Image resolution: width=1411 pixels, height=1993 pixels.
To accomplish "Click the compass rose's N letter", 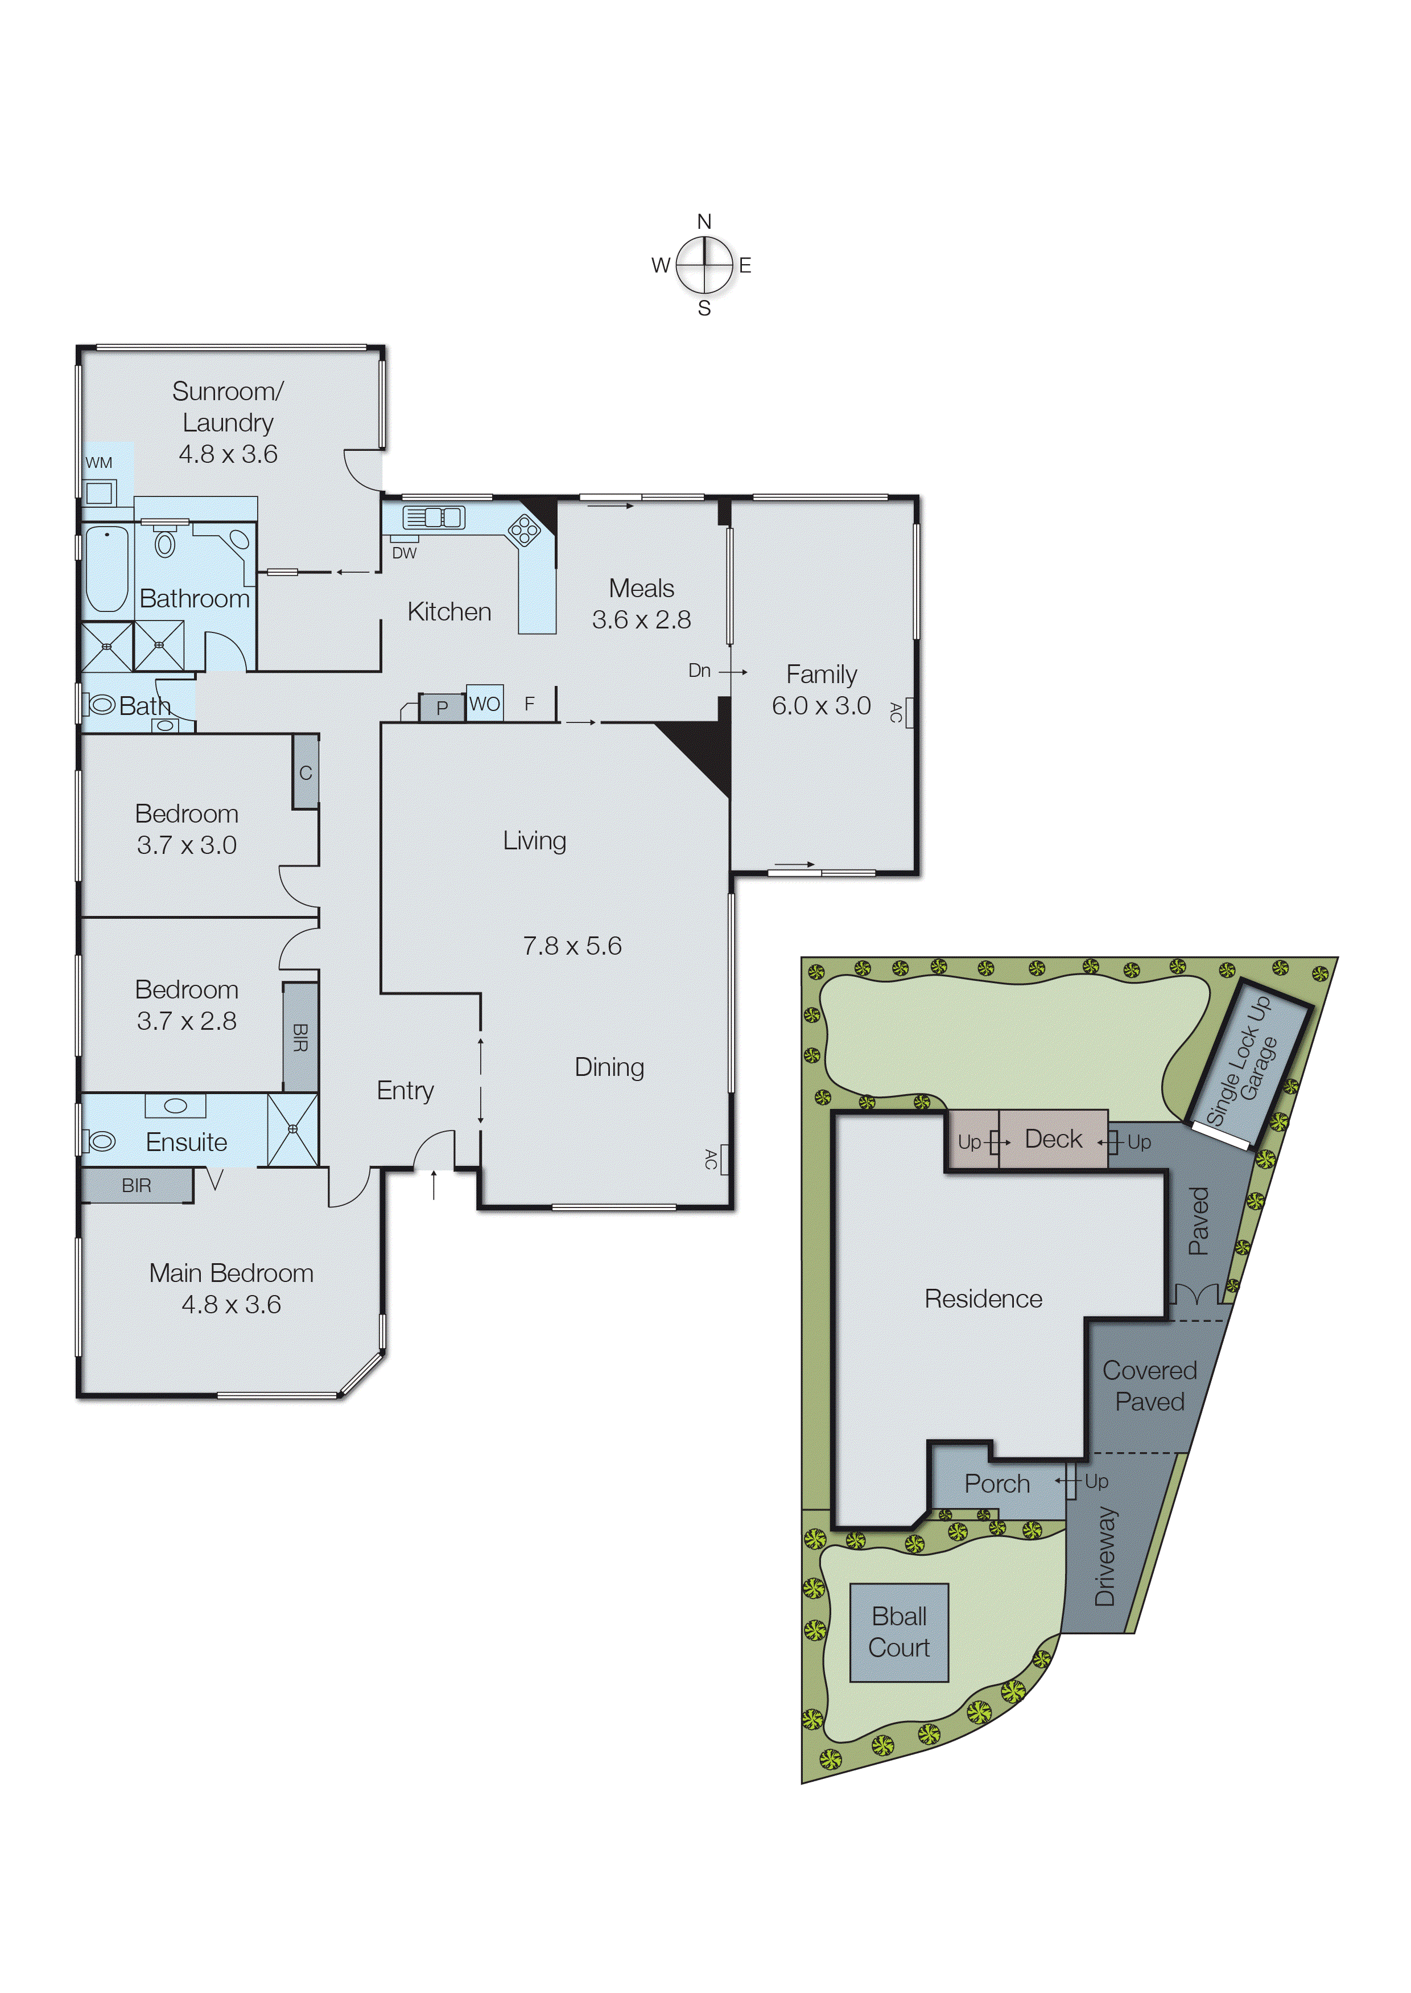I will pyautogui.click(x=704, y=221).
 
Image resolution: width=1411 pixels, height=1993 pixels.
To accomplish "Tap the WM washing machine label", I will pyautogui.click(x=99, y=462).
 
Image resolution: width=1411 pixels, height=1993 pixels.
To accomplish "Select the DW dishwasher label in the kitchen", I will pyautogui.click(x=404, y=553).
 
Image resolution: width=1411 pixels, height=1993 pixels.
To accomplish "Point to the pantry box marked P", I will pyautogui.click(x=442, y=708).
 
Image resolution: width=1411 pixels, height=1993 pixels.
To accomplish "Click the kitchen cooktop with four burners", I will pyautogui.click(x=525, y=529).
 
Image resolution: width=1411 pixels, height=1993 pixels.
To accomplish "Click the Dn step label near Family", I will pyautogui.click(x=699, y=670).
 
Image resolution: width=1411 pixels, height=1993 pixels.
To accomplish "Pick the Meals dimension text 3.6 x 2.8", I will pyautogui.click(x=641, y=620).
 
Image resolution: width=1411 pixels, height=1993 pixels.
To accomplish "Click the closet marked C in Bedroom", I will pyautogui.click(x=306, y=772).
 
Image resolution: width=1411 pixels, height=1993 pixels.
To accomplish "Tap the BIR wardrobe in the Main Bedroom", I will pyautogui.click(x=137, y=1186).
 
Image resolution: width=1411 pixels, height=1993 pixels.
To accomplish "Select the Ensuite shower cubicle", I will pyautogui.click(x=293, y=1129).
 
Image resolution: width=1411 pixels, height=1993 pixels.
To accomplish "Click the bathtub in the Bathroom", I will pyautogui.click(x=107, y=569).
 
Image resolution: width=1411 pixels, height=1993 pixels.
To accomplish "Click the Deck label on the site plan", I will pyautogui.click(x=1053, y=1139).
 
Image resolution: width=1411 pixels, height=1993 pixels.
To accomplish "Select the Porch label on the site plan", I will pyautogui.click(x=997, y=1484).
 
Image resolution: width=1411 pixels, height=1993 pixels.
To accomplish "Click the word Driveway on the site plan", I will pyautogui.click(x=1104, y=1556).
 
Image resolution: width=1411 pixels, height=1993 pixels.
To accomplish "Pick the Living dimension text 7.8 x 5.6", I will pyautogui.click(x=572, y=946).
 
